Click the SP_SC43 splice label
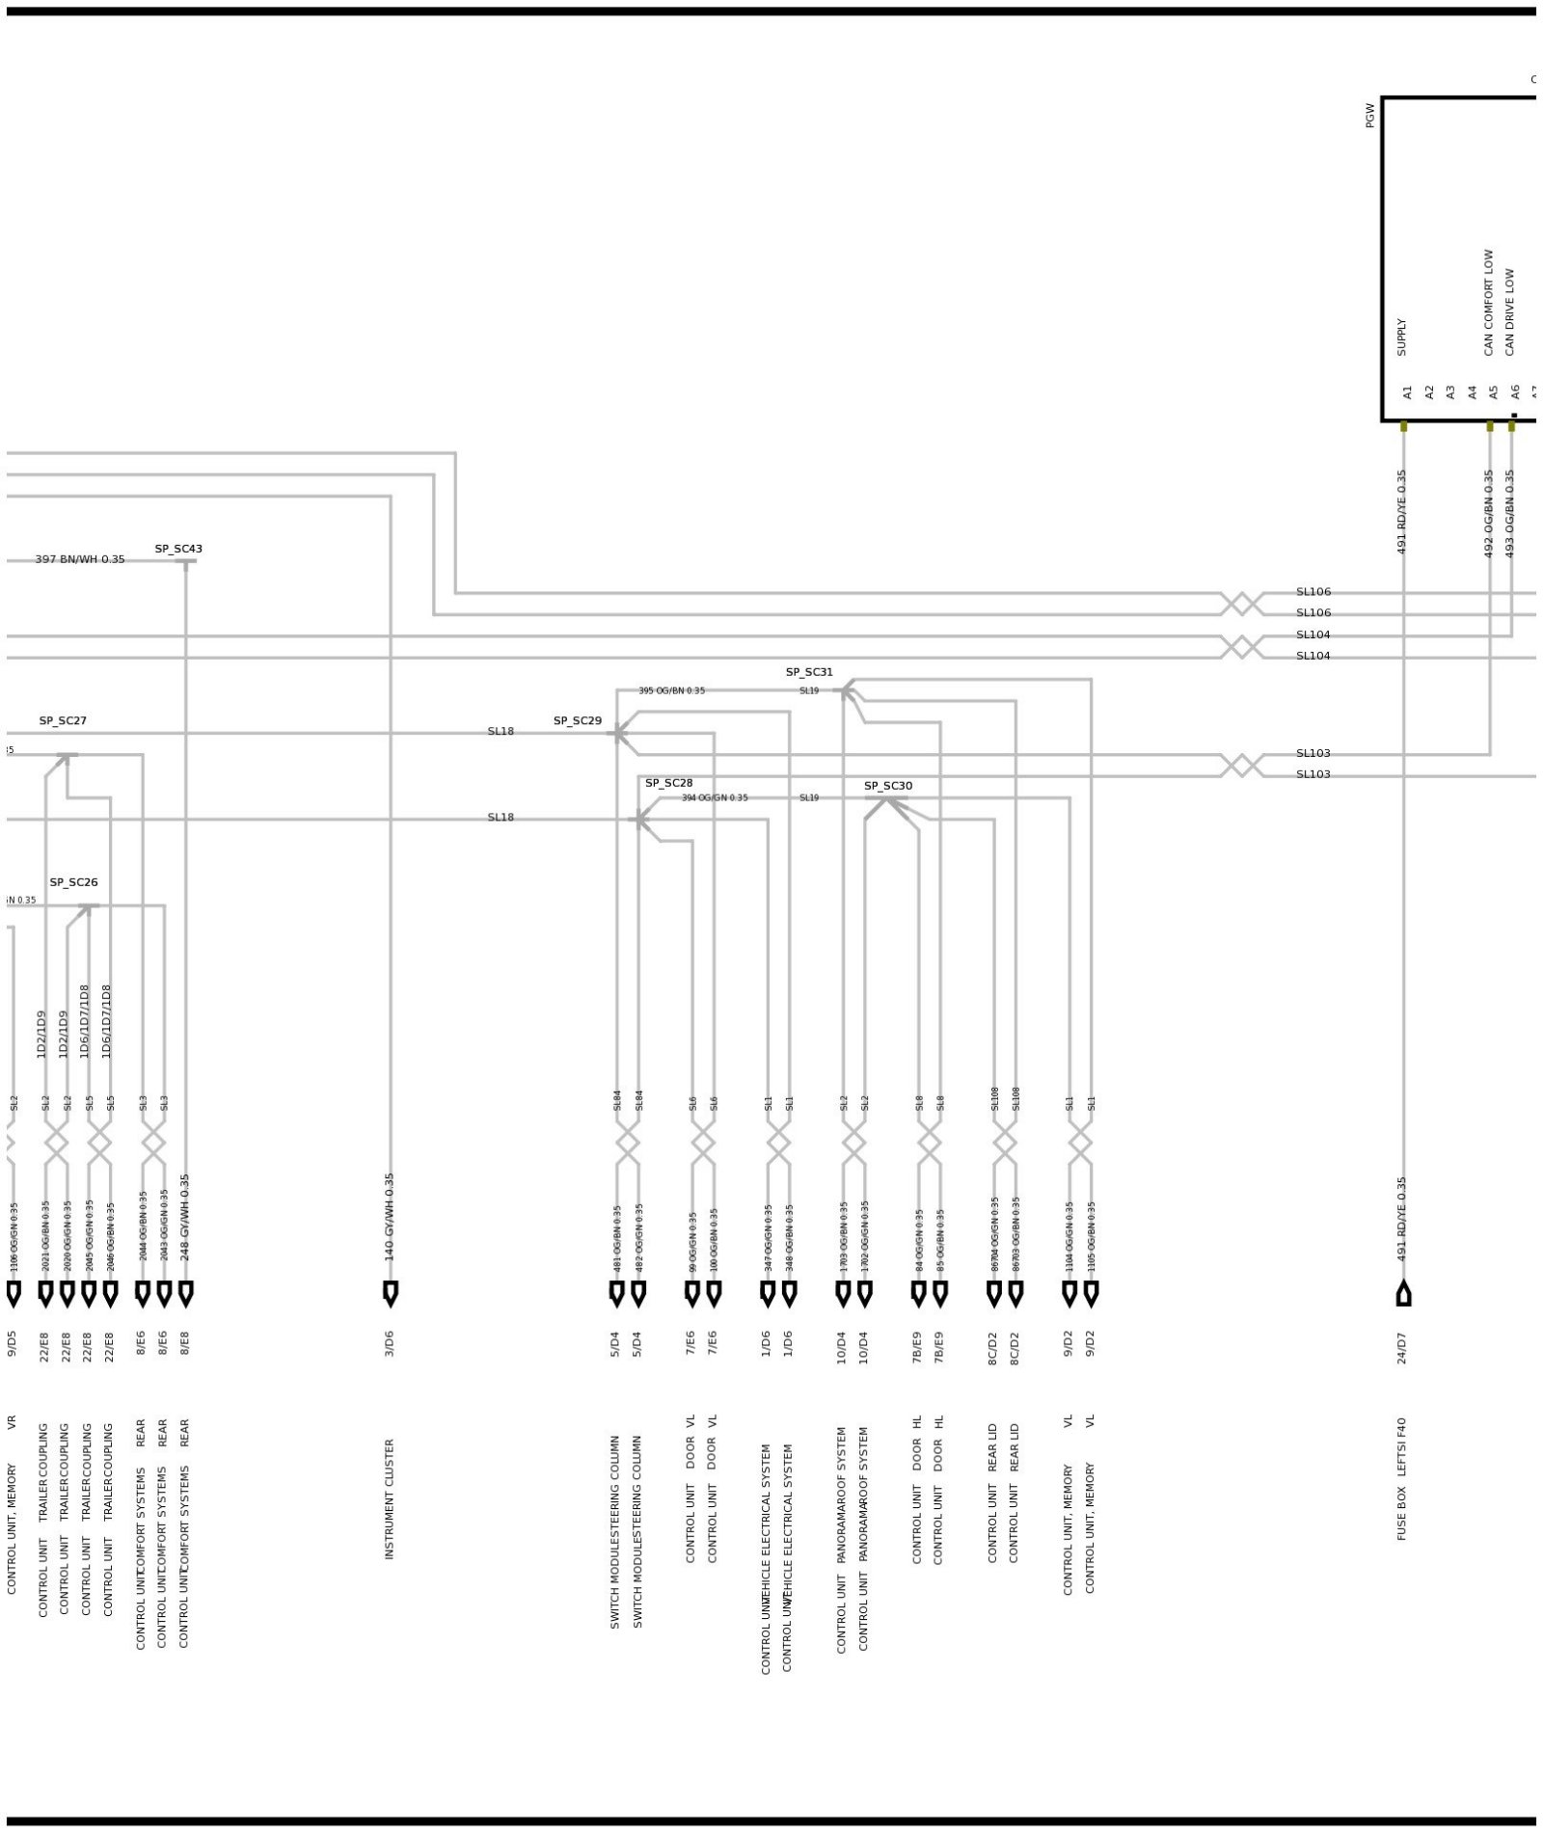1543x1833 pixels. coord(178,549)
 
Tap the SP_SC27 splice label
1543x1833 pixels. coord(63,720)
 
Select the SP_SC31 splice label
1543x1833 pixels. coord(808,672)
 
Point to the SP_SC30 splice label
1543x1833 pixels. coord(887,786)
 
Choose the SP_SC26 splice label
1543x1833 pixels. coord(73,882)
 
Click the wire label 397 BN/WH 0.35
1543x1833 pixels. coord(80,559)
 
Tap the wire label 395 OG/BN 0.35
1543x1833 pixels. coord(671,690)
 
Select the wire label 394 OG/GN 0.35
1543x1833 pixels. coord(715,797)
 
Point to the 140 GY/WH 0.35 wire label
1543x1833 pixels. coord(390,1217)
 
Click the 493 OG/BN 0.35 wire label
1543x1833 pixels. coord(1510,513)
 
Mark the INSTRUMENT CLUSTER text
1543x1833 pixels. coord(390,1499)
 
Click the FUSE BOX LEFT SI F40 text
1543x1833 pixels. coord(1401,1478)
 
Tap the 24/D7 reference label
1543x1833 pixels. coord(1401,1348)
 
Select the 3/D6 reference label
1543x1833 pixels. coord(390,1344)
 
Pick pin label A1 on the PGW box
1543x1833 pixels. coord(1407,392)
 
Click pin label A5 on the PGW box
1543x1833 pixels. coord(1493,392)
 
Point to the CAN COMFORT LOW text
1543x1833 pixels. coord(1488,303)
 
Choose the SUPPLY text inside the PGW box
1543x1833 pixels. coord(1401,337)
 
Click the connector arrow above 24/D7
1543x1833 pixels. coord(1403,1293)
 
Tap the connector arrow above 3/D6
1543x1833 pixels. coord(391,1293)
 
